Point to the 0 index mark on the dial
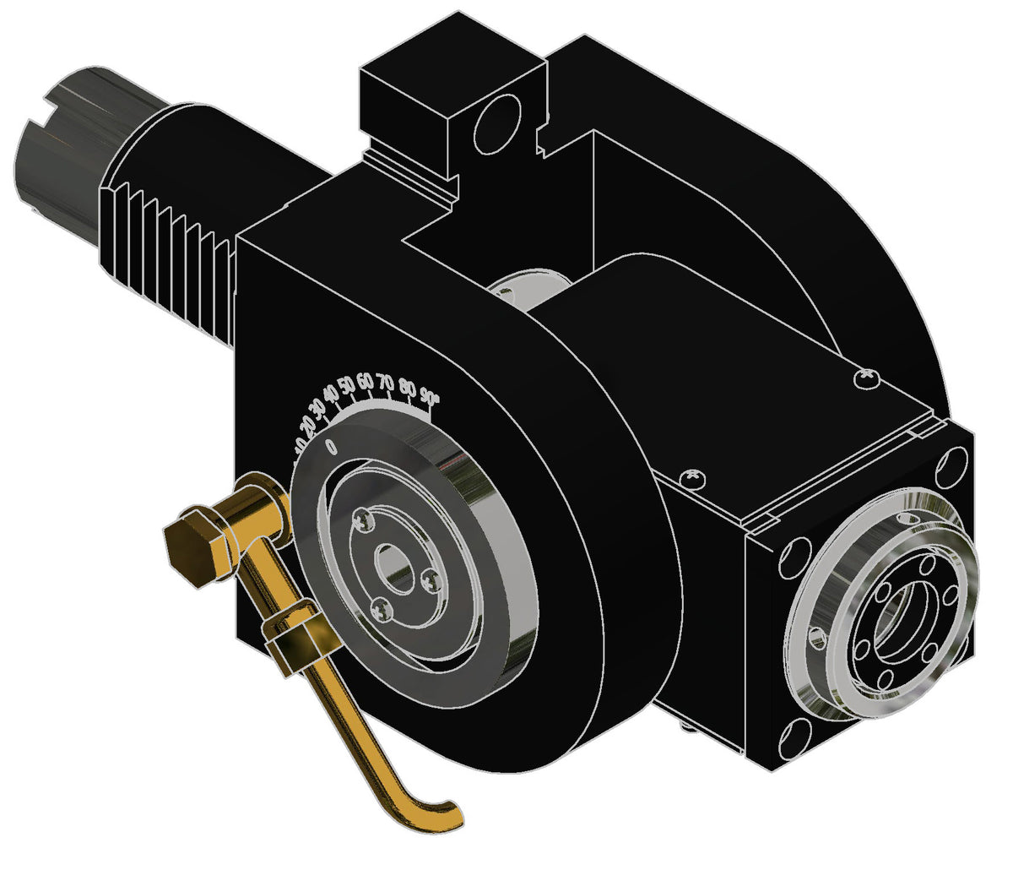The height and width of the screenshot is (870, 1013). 331,443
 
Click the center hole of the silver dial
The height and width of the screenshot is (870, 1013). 393,565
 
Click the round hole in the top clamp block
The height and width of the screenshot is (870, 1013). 499,123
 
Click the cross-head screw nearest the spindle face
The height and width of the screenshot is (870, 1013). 866,378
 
